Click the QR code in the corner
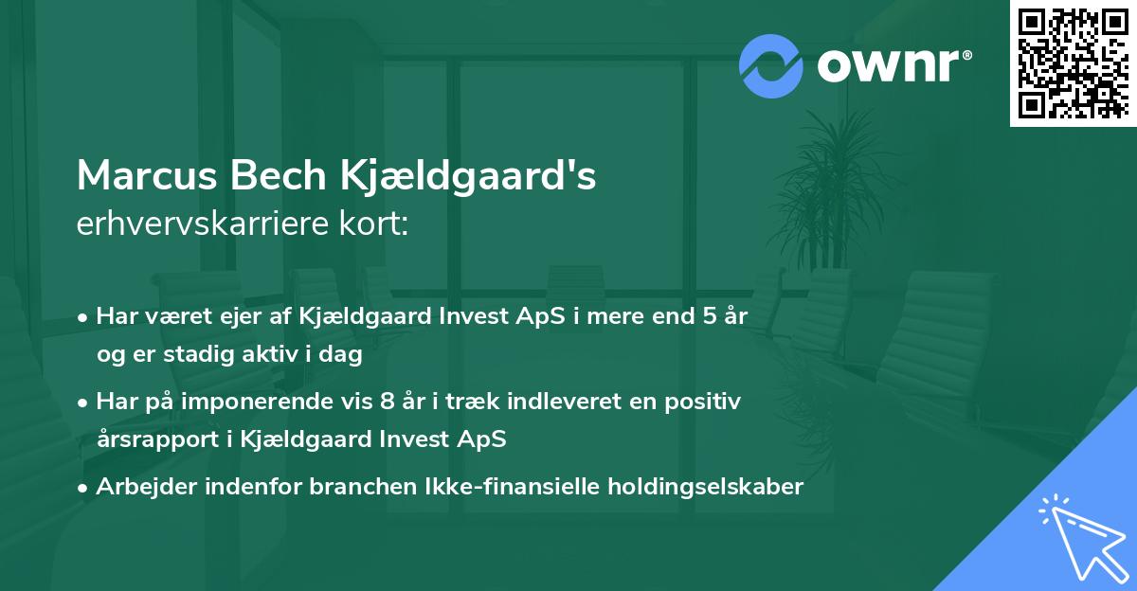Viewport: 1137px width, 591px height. (x=1073, y=63)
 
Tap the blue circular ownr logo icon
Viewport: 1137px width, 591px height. (x=771, y=65)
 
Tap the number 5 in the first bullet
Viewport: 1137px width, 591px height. (x=708, y=315)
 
